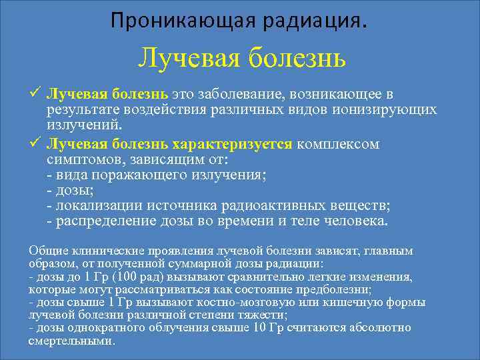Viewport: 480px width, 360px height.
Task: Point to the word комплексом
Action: point(338,144)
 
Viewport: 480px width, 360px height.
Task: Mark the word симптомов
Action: point(79,160)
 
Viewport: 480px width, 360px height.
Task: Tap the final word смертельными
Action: point(71,340)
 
